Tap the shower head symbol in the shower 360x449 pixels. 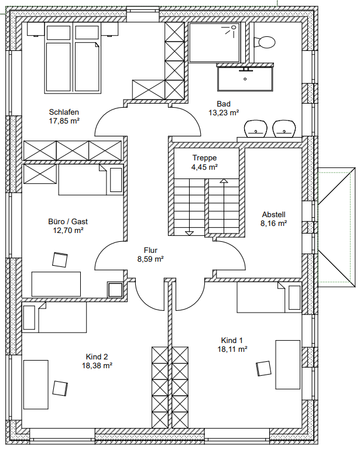point(234,28)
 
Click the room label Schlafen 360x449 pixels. point(64,112)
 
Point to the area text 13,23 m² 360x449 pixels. point(224,113)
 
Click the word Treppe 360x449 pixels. point(204,158)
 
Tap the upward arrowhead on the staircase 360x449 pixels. point(224,181)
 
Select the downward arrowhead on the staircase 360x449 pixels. point(189,233)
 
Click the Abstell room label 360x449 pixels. point(273,214)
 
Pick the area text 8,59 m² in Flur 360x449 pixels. point(150,259)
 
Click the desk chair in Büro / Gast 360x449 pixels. point(60,260)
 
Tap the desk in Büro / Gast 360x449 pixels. point(56,284)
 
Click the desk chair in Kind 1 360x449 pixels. point(263,368)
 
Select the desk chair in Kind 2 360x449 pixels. point(60,388)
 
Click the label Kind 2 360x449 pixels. point(97,357)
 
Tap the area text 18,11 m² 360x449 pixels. point(232,349)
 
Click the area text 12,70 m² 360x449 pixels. point(68,230)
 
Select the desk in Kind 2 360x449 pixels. point(36,385)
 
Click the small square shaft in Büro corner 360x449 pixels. point(115,290)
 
